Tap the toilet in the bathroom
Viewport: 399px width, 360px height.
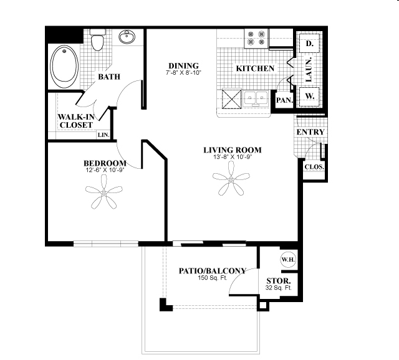97,42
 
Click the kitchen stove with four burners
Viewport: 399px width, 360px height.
256,39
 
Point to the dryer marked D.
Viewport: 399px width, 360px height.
309,44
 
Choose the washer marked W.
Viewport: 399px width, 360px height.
309,97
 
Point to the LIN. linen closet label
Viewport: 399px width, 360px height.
103,135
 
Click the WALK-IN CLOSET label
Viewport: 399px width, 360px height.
75,121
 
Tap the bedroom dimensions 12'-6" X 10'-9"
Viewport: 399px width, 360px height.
105,170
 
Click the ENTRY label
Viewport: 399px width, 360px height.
310,133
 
